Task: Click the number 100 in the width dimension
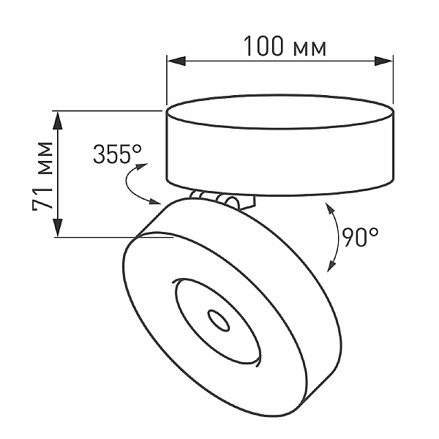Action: click(263, 46)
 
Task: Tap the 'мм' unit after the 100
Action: click(309, 49)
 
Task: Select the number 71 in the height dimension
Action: click(42, 199)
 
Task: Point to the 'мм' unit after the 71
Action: click(45, 158)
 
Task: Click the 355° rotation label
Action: click(117, 154)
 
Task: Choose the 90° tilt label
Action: click(360, 237)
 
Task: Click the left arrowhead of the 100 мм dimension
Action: click(176, 61)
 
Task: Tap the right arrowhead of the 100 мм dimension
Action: click(384, 61)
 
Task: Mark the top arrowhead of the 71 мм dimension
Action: click(58, 121)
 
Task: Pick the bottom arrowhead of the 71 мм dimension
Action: click(58, 228)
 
